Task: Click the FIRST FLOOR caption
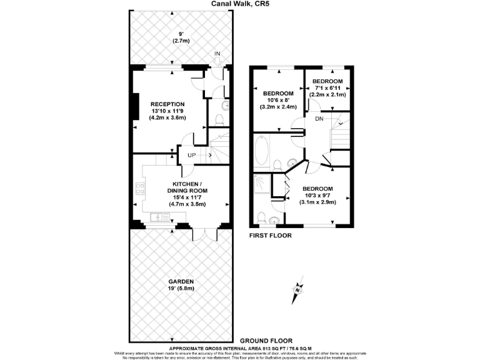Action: [x=271, y=236]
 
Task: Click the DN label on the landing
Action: [x=319, y=119]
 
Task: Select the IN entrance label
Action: [x=217, y=54]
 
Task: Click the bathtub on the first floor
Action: [x=262, y=151]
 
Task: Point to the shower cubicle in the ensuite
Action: [x=261, y=186]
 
